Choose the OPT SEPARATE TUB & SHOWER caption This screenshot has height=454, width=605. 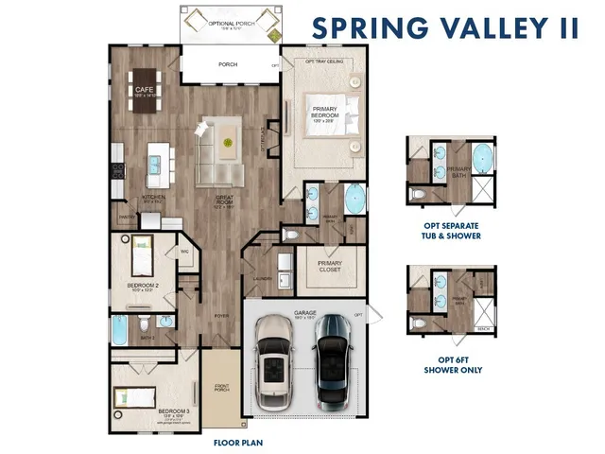click(x=453, y=232)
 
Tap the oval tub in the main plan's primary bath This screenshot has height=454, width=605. click(x=355, y=201)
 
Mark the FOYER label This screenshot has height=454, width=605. click(x=220, y=316)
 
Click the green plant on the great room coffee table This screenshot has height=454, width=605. click(x=228, y=142)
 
